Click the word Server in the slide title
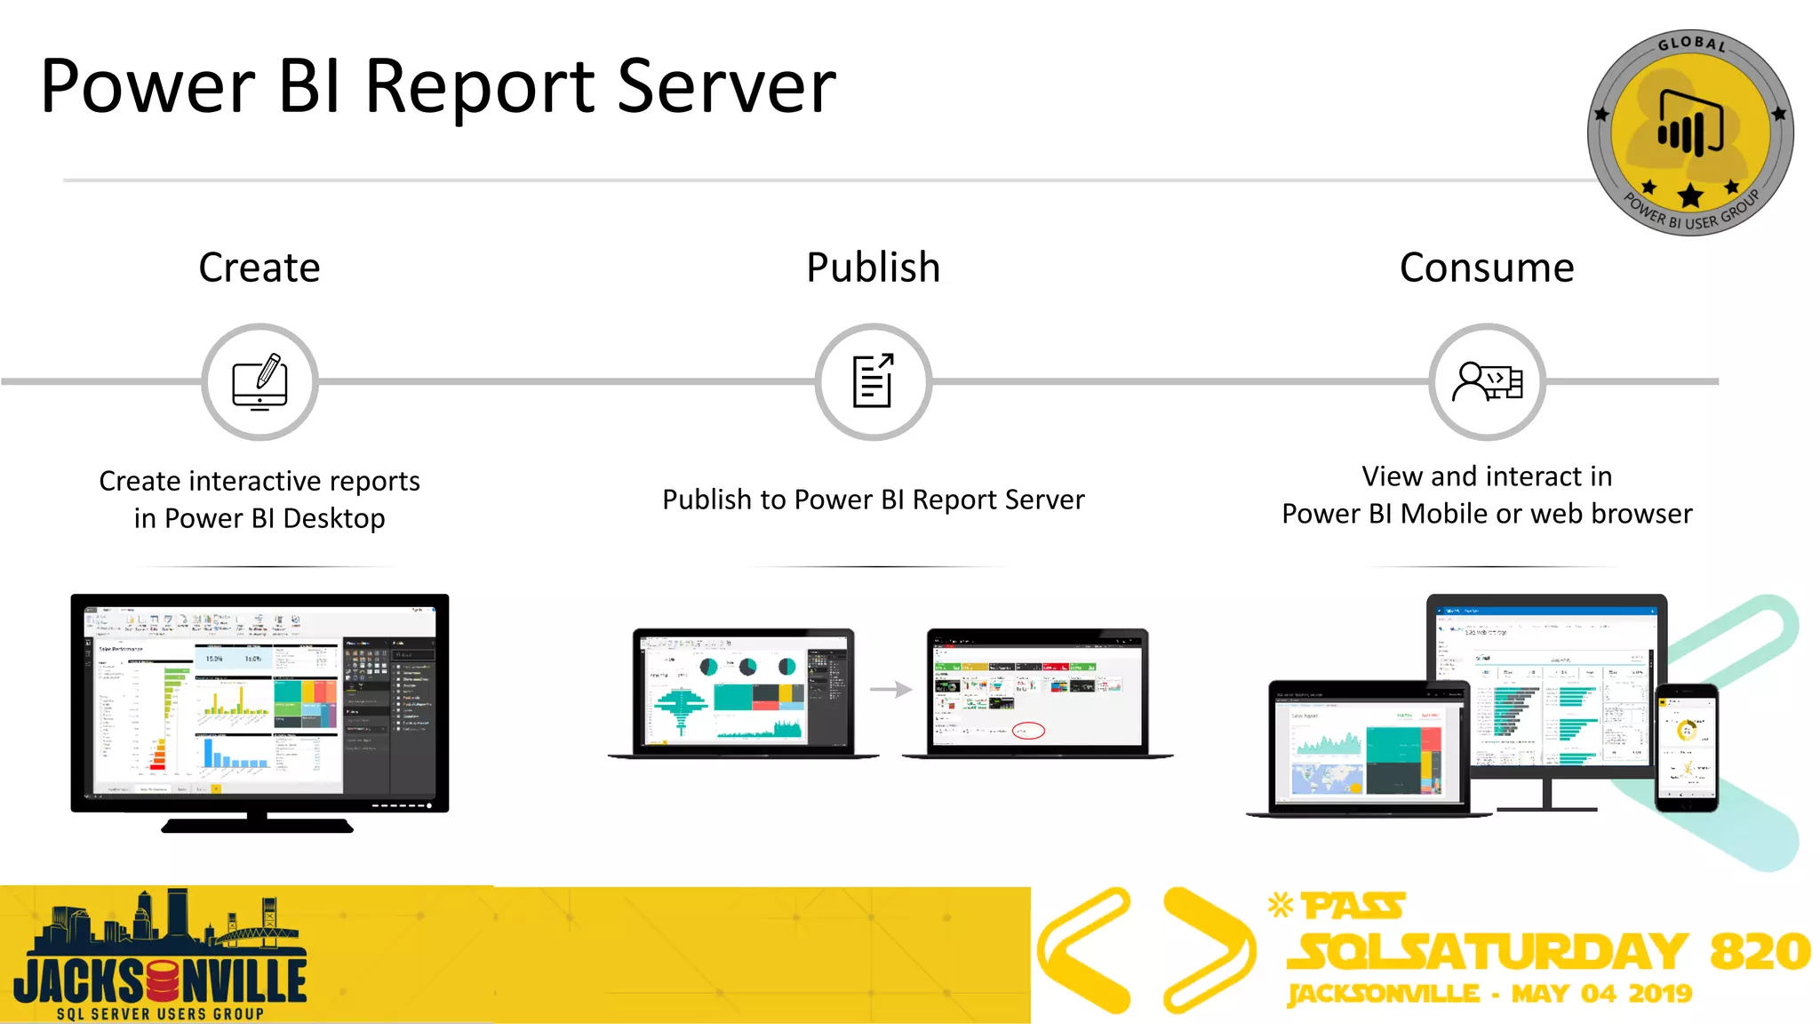point(726,87)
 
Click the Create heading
point(259,268)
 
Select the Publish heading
point(873,268)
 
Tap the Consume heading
point(1487,268)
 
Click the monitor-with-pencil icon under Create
point(259,382)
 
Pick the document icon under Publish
point(873,382)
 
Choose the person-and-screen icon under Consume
point(1487,382)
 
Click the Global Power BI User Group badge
point(1689,133)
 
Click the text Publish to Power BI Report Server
point(873,500)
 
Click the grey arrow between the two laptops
point(890,689)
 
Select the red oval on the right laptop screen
point(1028,731)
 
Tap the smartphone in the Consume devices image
point(1686,747)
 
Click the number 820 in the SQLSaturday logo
point(1760,952)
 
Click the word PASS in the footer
point(1353,907)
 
